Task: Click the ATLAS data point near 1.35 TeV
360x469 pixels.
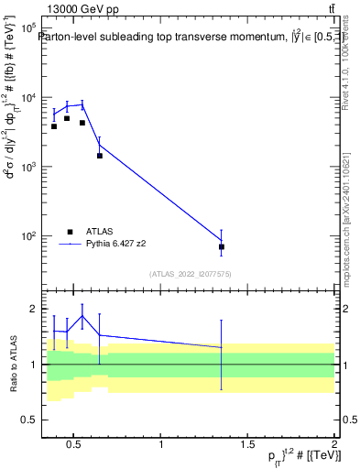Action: (222, 246)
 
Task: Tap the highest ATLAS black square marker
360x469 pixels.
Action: (67, 118)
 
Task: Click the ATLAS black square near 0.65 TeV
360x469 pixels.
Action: (99, 156)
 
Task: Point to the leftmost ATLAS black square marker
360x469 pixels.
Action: (54, 126)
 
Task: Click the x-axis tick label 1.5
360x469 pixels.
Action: (247, 445)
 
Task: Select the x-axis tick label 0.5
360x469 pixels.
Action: (75, 445)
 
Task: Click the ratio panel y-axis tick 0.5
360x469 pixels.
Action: (27, 420)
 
